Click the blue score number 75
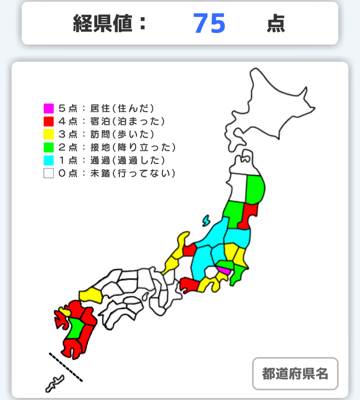pyautogui.click(x=209, y=24)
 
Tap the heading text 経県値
pyautogui.click(x=102, y=24)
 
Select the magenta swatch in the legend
pyautogui.click(x=49, y=108)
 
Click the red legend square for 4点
pyautogui.click(x=49, y=121)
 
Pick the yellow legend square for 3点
pyautogui.click(x=49, y=134)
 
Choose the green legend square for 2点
pyautogui.click(x=49, y=147)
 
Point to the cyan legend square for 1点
pyautogui.click(x=49, y=160)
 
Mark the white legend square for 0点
pyautogui.click(x=49, y=173)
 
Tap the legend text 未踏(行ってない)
pyautogui.click(x=133, y=173)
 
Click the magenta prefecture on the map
pyautogui.click(x=223, y=270)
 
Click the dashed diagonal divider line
pyautogui.click(x=66, y=367)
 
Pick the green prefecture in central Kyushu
pyautogui.click(x=76, y=328)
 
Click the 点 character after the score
pyautogui.click(x=276, y=24)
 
